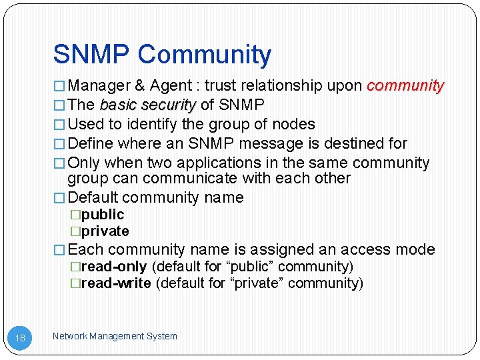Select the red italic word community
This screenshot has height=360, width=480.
pyautogui.click(x=405, y=85)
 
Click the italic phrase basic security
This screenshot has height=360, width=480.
pyautogui.click(x=147, y=105)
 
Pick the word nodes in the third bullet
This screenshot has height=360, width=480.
pyautogui.click(x=293, y=124)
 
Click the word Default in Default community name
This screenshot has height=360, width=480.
pyautogui.click(x=93, y=197)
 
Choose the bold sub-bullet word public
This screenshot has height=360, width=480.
pyautogui.click(x=103, y=214)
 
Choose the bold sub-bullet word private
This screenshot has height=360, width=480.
pyautogui.click(x=105, y=231)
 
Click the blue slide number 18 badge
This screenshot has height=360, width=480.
pyautogui.click(x=21, y=338)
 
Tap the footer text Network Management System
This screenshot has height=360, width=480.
pyautogui.click(x=115, y=336)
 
